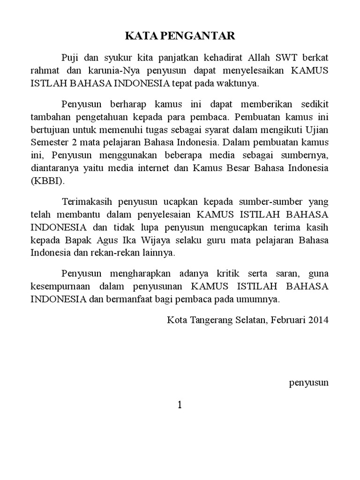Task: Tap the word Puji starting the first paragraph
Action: click(x=71, y=58)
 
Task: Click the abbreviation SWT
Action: click(x=289, y=58)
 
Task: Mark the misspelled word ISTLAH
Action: click(x=48, y=84)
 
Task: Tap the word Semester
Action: click(x=49, y=142)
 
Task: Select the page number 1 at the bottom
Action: click(x=180, y=405)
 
